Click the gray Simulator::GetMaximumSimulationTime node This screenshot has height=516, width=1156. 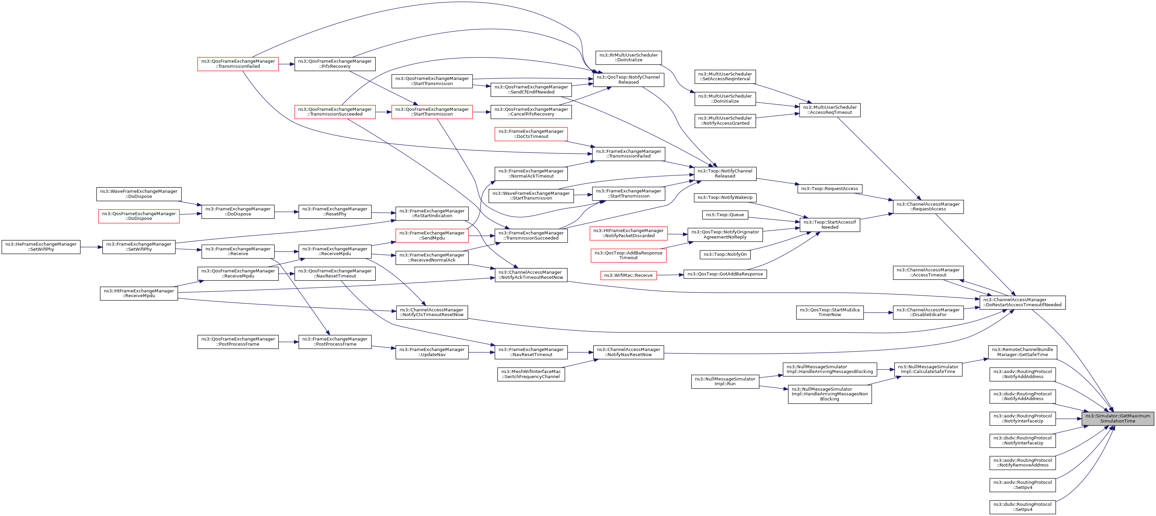[x=1117, y=418]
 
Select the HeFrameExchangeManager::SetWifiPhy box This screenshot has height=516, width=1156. [x=41, y=247]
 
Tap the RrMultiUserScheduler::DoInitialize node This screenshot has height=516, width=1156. [x=628, y=58]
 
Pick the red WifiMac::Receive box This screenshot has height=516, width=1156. [x=628, y=275]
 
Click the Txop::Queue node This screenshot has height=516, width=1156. [x=725, y=215]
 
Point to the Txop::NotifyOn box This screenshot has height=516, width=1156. [x=725, y=255]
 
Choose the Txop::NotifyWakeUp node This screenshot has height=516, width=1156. [x=725, y=198]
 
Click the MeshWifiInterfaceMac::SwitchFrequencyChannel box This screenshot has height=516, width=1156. [x=531, y=374]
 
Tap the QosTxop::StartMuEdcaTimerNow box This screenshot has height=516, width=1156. [x=829, y=313]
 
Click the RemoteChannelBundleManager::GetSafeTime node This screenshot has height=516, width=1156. [x=1022, y=352]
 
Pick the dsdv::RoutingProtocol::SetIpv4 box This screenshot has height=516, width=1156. [x=1022, y=507]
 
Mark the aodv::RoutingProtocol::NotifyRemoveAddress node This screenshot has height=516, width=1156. [x=1022, y=462]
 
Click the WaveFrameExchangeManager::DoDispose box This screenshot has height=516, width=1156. [x=139, y=194]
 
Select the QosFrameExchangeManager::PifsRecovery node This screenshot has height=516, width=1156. [x=335, y=64]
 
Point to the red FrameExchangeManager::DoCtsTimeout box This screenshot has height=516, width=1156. [x=531, y=134]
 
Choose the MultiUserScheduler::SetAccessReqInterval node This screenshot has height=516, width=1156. [x=725, y=76]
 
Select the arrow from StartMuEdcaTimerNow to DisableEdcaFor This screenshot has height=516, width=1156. [x=878, y=313]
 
